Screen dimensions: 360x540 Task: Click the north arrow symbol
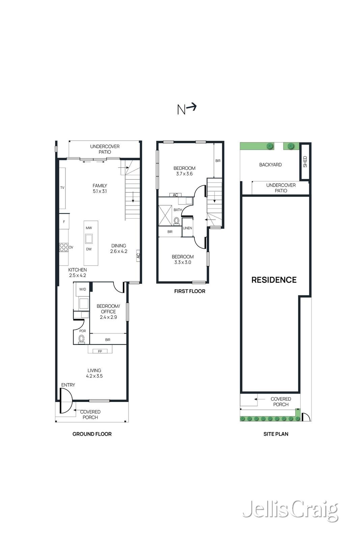coord(187,109)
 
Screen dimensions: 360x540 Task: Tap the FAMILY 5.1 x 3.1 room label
coord(100,188)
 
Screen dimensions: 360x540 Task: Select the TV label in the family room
coord(62,188)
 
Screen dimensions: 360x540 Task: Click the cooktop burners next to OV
coord(64,247)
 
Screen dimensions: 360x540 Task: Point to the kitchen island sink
coord(89,238)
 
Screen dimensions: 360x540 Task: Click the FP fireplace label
coord(100,351)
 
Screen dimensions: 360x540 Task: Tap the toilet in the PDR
coord(82,339)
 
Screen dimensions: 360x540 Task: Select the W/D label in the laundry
coord(83,289)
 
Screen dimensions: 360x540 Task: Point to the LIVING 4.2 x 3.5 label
coord(94,373)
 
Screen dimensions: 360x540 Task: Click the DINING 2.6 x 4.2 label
coord(118,248)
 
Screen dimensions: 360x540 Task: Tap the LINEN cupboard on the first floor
coord(188,227)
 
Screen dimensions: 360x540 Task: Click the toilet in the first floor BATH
coord(177,221)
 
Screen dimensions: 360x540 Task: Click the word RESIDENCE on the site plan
coord(274,280)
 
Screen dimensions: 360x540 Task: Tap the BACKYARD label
coord(270,165)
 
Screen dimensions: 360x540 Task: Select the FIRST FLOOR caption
coord(190,291)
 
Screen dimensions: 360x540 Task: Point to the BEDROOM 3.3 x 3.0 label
coord(183,260)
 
